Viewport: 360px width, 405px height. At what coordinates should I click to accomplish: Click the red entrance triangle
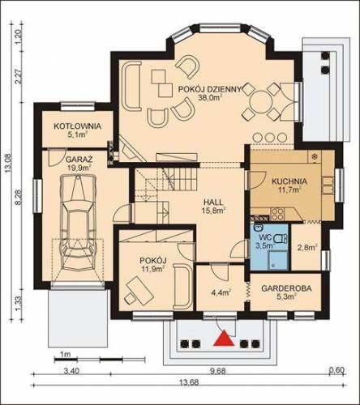click(x=224, y=339)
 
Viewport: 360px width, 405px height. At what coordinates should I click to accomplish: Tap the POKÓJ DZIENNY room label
click(x=210, y=89)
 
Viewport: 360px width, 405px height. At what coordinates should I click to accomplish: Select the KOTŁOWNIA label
click(x=78, y=126)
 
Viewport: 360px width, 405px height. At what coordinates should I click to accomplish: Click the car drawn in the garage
click(x=79, y=222)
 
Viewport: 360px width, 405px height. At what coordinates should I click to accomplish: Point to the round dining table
click(x=260, y=101)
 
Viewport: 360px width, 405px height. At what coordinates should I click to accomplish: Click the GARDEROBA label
click(x=286, y=288)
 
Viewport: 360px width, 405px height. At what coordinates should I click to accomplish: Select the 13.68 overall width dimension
click(x=189, y=382)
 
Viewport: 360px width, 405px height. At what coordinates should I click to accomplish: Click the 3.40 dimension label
click(x=71, y=371)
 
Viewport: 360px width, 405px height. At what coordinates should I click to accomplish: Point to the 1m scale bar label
click(x=65, y=354)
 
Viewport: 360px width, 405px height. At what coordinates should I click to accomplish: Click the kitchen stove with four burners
click(x=277, y=214)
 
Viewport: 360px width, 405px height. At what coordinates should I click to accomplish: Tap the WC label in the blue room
click(x=265, y=238)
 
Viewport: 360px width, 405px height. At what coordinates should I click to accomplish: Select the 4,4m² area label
click(x=221, y=292)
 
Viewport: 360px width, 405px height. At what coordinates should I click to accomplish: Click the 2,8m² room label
click(x=307, y=247)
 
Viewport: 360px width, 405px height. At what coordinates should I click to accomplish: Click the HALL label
click(x=213, y=202)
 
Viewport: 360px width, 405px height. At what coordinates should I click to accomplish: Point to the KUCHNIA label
click(x=289, y=181)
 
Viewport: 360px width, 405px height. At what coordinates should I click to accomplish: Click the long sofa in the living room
click(x=131, y=86)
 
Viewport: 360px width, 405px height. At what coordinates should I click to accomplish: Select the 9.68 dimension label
click(x=218, y=371)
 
